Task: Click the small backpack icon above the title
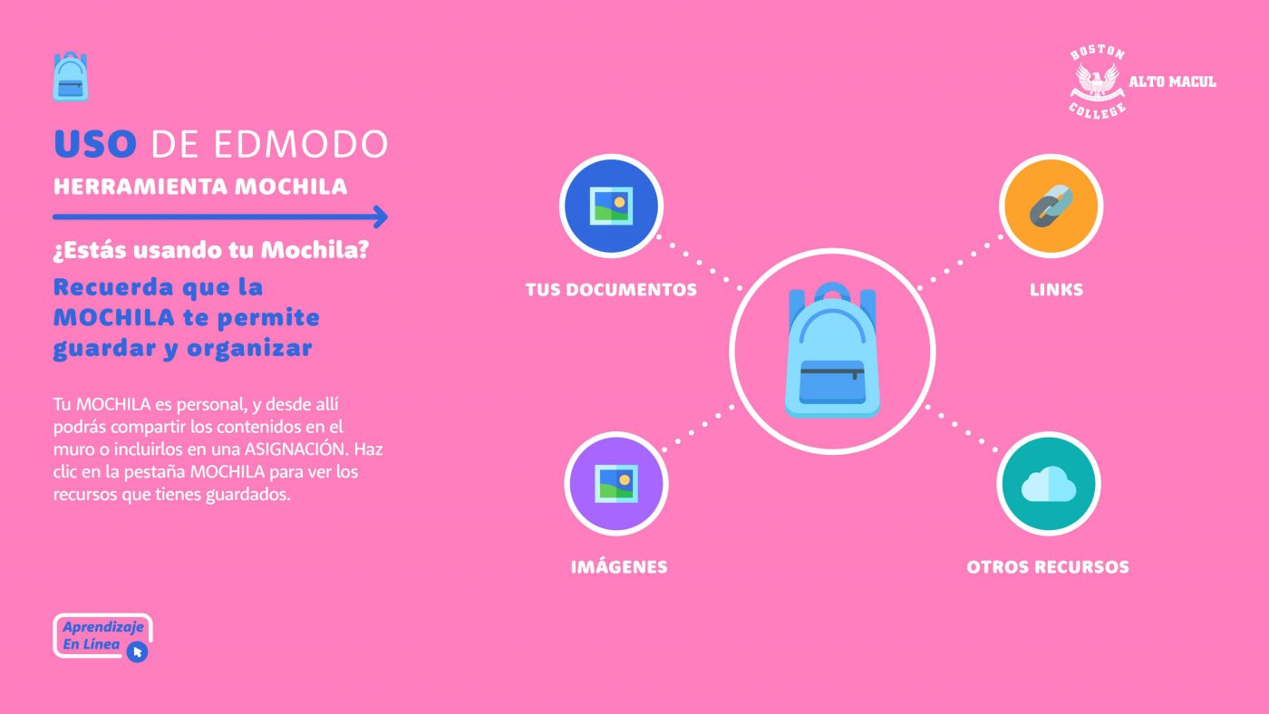pyautogui.click(x=71, y=76)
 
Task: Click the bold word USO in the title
pyautogui.click(x=95, y=144)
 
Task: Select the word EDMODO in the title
pyautogui.click(x=301, y=144)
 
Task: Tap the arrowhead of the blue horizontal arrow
pyautogui.click(x=380, y=217)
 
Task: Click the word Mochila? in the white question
pyautogui.click(x=315, y=250)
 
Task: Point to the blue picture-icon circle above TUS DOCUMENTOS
pyautogui.click(x=611, y=206)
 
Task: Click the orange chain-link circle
pyautogui.click(x=1051, y=206)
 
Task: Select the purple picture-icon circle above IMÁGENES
pyautogui.click(x=616, y=484)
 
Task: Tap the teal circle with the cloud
pyautogui.click(x=1049, y=484)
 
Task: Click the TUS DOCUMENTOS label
pyautogui.click(x=611, y=290)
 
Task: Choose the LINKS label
pyautogui.click(x=1056, y=290)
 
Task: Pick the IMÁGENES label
pyautogui.click(x=619, y=566)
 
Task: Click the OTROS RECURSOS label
pyautogui.click(x=1048, y=567)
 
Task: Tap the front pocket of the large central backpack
pyautogui.click(x=832, y=382)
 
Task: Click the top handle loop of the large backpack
pyautogui.click(x=832, y=291)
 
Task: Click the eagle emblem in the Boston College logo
pyautogui.click(x=1098, y=82)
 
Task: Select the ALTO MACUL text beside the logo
pyautogui.click(x=1172, y=82)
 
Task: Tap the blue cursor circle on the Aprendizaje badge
pyautogui.click(x=137, y=651)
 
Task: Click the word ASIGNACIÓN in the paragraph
pyautogui.click(x=295, y=449)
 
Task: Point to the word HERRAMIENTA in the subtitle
pyautogui.click(x=140, y=187)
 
